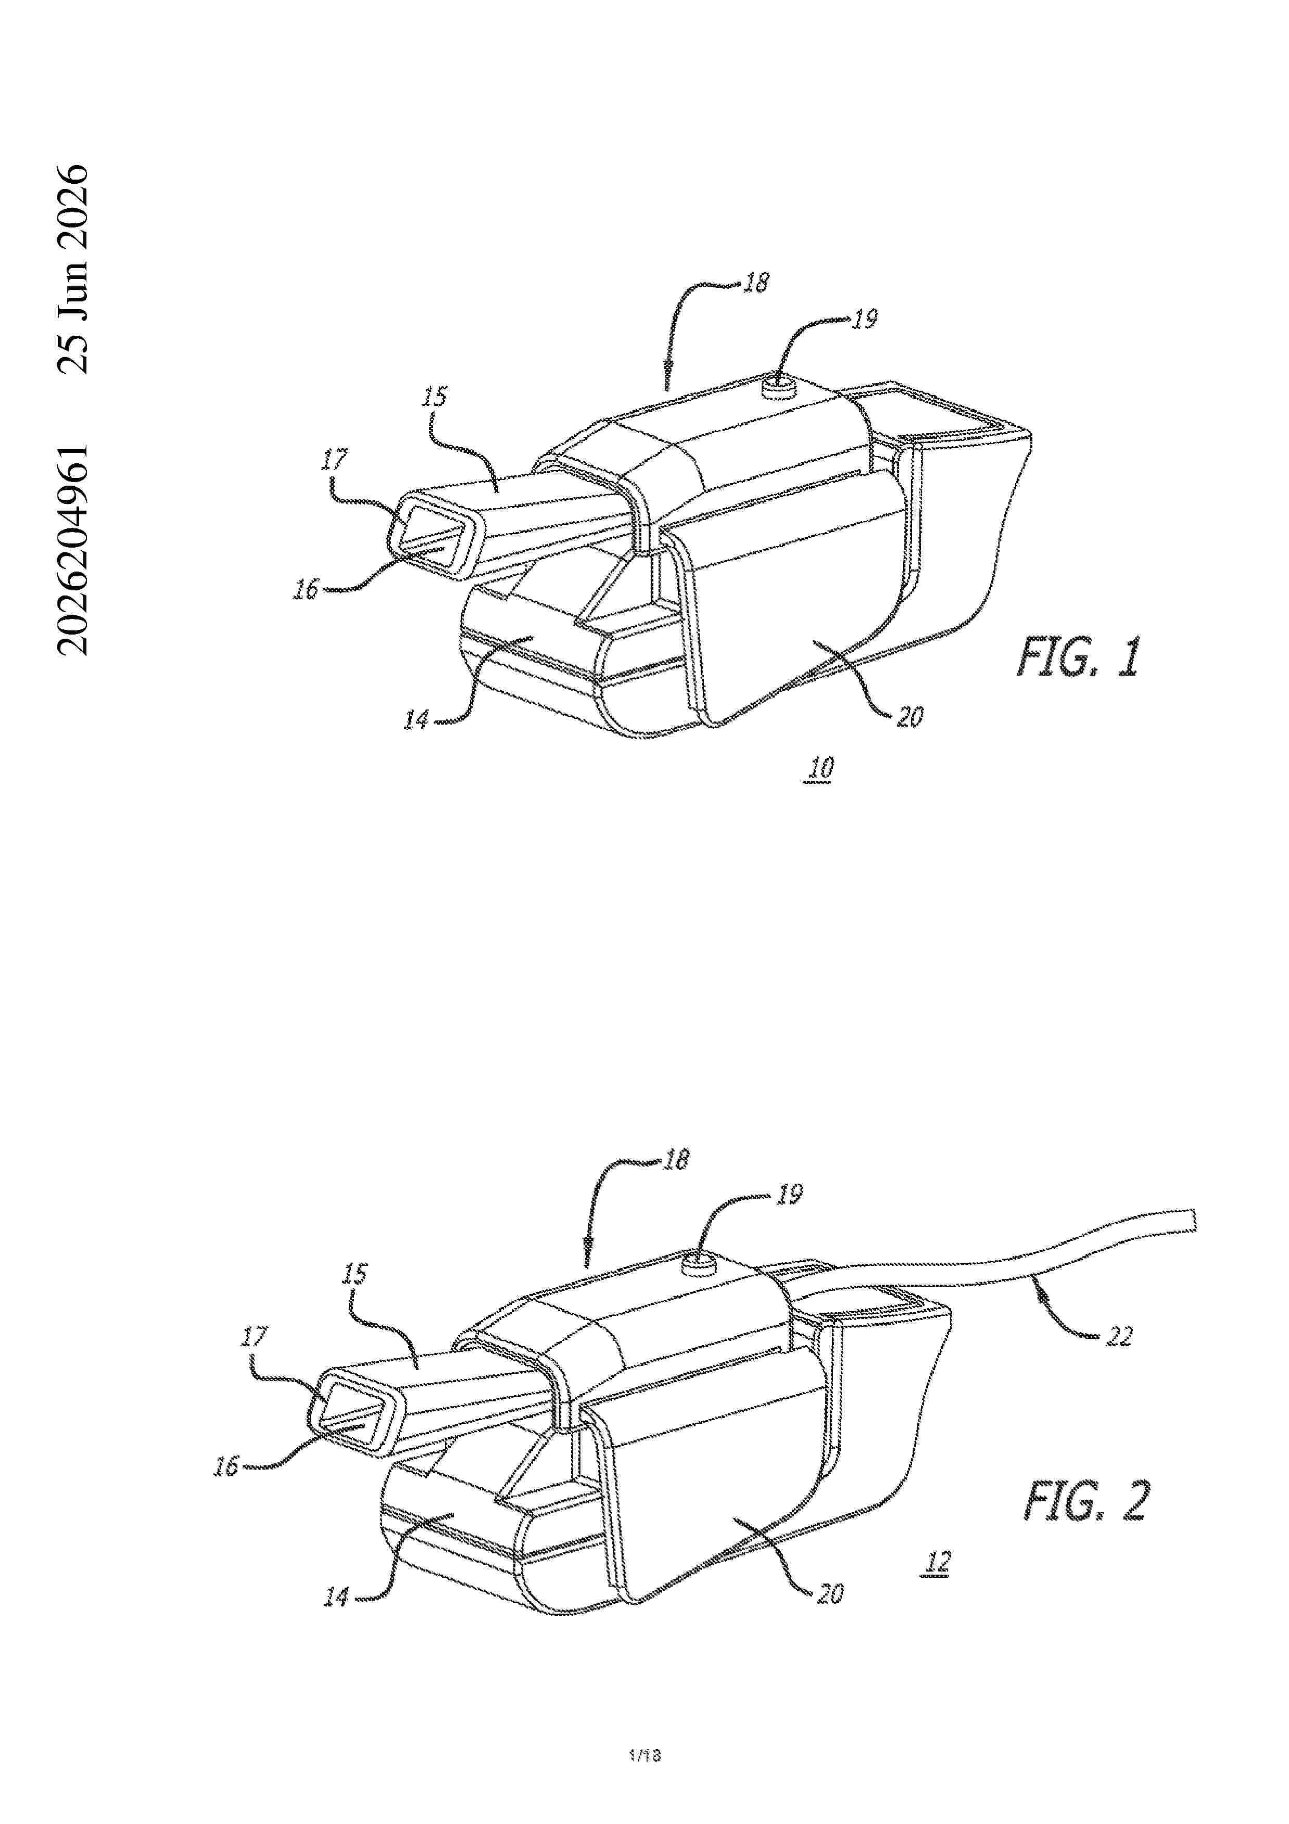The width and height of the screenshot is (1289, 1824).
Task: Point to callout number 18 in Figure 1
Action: pos(756,283)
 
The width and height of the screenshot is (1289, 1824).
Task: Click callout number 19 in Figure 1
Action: pos(865,319)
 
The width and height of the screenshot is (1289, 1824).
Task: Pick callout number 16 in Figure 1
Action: pos(305,589)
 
